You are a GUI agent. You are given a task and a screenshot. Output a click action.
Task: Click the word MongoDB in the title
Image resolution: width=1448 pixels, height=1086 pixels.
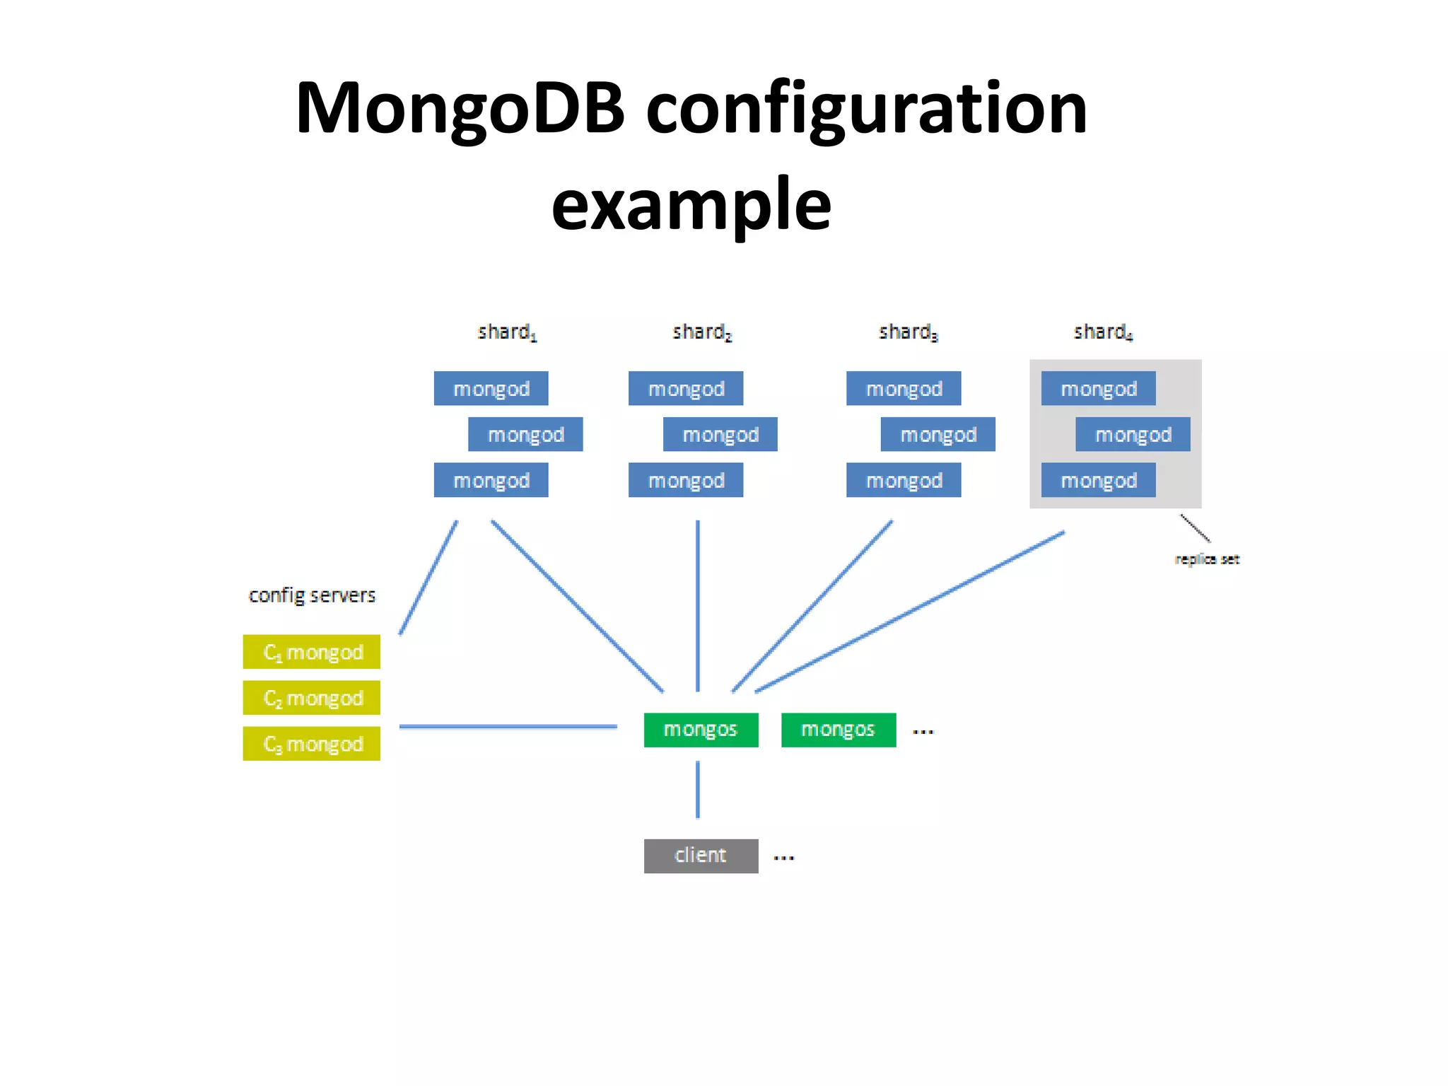click(460, 110)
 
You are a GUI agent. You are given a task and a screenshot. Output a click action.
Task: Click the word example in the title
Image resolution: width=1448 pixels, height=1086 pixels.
click(691, 206)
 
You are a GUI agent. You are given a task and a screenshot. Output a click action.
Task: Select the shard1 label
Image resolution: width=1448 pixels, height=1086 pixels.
click(506, 332)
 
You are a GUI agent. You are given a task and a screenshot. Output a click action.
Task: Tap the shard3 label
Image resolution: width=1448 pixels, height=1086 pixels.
click(907, 332)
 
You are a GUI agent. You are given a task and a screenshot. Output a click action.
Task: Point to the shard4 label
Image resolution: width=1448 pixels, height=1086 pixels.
click(1102, 332)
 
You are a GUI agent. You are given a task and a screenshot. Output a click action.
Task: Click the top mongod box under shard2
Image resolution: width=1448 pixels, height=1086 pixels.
click(685, 388)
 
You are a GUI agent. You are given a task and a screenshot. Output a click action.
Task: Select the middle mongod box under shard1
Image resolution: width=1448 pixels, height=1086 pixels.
click(525, 434)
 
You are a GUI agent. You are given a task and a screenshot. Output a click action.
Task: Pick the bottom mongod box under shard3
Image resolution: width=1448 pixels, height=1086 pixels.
click(903, 480)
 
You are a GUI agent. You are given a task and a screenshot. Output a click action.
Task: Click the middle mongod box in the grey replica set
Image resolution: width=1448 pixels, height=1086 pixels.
click(1132, 434)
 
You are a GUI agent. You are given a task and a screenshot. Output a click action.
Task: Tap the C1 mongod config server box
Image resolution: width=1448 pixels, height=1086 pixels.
click(311, 652)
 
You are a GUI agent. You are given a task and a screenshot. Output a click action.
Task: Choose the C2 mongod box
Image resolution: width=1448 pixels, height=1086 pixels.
click(311, 698)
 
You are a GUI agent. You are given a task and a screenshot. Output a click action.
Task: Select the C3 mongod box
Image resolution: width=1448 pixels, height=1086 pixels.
click(311, 744)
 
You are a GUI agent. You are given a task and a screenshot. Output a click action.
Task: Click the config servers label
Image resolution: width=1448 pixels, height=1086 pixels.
click(312, 595)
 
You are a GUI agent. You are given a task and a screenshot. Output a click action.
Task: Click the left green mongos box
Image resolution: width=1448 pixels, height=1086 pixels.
click(701, 730)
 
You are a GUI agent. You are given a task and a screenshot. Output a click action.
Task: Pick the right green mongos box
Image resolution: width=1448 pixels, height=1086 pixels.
click(838, 730)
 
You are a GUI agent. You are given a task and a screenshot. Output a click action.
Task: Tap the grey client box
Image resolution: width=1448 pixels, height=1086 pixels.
click(701, 856)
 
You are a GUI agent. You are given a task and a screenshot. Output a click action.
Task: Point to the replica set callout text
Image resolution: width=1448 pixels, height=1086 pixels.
click(1206, 559)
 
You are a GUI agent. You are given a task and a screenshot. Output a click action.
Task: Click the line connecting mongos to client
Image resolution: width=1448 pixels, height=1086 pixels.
click(698, 790)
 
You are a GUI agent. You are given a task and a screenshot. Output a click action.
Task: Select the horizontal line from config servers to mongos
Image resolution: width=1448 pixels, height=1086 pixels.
click(508, 726)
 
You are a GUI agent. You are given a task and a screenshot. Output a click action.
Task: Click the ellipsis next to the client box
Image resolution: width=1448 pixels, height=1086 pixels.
click(783, 858)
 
